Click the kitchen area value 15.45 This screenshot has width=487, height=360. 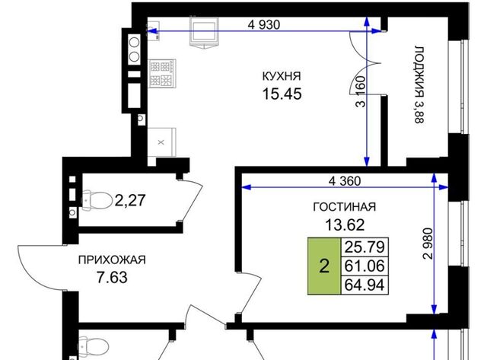[x=282, y=94]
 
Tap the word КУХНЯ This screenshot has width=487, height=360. [x=282, y=76]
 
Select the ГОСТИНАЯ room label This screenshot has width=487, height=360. [x=345, y=207]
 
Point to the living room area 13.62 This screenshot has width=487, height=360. [x=345, y=225]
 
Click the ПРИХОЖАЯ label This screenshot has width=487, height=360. [x=112, y=260]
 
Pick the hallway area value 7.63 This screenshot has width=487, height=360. [x=112, y=277]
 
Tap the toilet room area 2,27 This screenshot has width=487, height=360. [x=130, y=200]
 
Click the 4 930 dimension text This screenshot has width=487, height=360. [x=264, y=24]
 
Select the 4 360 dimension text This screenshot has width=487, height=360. [x=345, y=181]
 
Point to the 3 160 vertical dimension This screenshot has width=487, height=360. [x=361, y=91]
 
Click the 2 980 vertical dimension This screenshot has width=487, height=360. [x=428, y=244]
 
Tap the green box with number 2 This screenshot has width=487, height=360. [x=324, y=266]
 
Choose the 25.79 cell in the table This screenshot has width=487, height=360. [x=364, y=247]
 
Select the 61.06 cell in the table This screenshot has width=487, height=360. [x=364, y=266]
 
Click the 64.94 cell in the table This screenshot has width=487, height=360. [x=364, y=285]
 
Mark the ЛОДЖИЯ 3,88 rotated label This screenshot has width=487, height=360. [x=419, y=84]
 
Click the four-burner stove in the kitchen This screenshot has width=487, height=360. [x=162, y=74]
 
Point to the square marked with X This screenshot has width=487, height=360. [x=161, y=142]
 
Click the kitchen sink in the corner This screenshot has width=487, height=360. [x=153, y=30]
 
